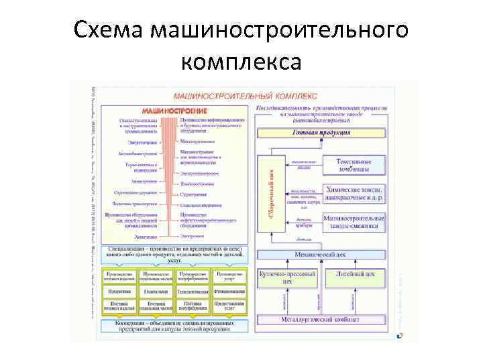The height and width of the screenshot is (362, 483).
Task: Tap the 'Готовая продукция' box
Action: pos(321,133)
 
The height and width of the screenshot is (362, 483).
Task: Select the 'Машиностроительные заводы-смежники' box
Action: pos(354,222)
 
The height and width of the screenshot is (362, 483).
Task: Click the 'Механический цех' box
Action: pos(321,254)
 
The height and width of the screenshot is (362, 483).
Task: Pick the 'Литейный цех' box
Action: pos(355,274)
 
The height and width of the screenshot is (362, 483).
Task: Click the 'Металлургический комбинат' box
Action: pos(321,319)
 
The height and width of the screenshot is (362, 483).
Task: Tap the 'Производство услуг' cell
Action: pos(229,276)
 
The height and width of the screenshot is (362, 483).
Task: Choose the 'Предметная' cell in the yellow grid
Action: pos(119,292)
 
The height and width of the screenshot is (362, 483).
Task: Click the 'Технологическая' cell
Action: pos(193,292)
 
